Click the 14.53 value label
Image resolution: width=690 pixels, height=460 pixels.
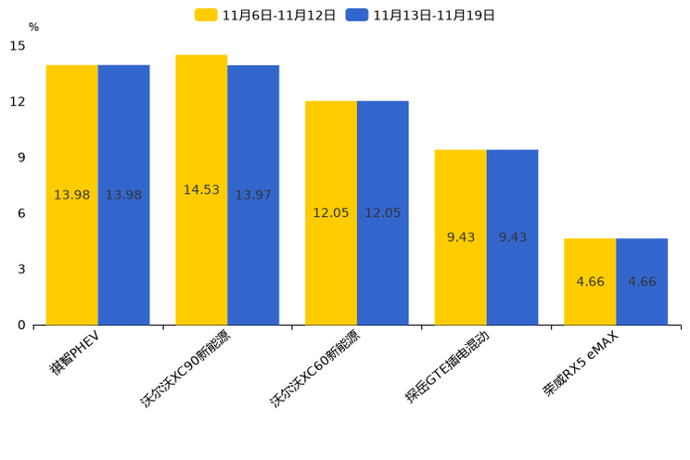201,190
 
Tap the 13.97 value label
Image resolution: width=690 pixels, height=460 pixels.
253,195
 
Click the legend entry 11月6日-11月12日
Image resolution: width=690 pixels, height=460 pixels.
266,15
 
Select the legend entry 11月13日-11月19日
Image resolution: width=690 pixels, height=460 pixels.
421,15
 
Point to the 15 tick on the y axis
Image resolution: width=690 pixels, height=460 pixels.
18,45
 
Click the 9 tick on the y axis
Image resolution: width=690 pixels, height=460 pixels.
21,158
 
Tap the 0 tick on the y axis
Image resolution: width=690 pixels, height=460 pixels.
21,326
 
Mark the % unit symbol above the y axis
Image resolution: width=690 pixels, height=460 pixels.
33,28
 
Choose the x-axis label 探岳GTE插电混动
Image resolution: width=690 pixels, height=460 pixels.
447,367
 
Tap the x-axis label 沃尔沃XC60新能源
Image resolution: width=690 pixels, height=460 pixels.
315,369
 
